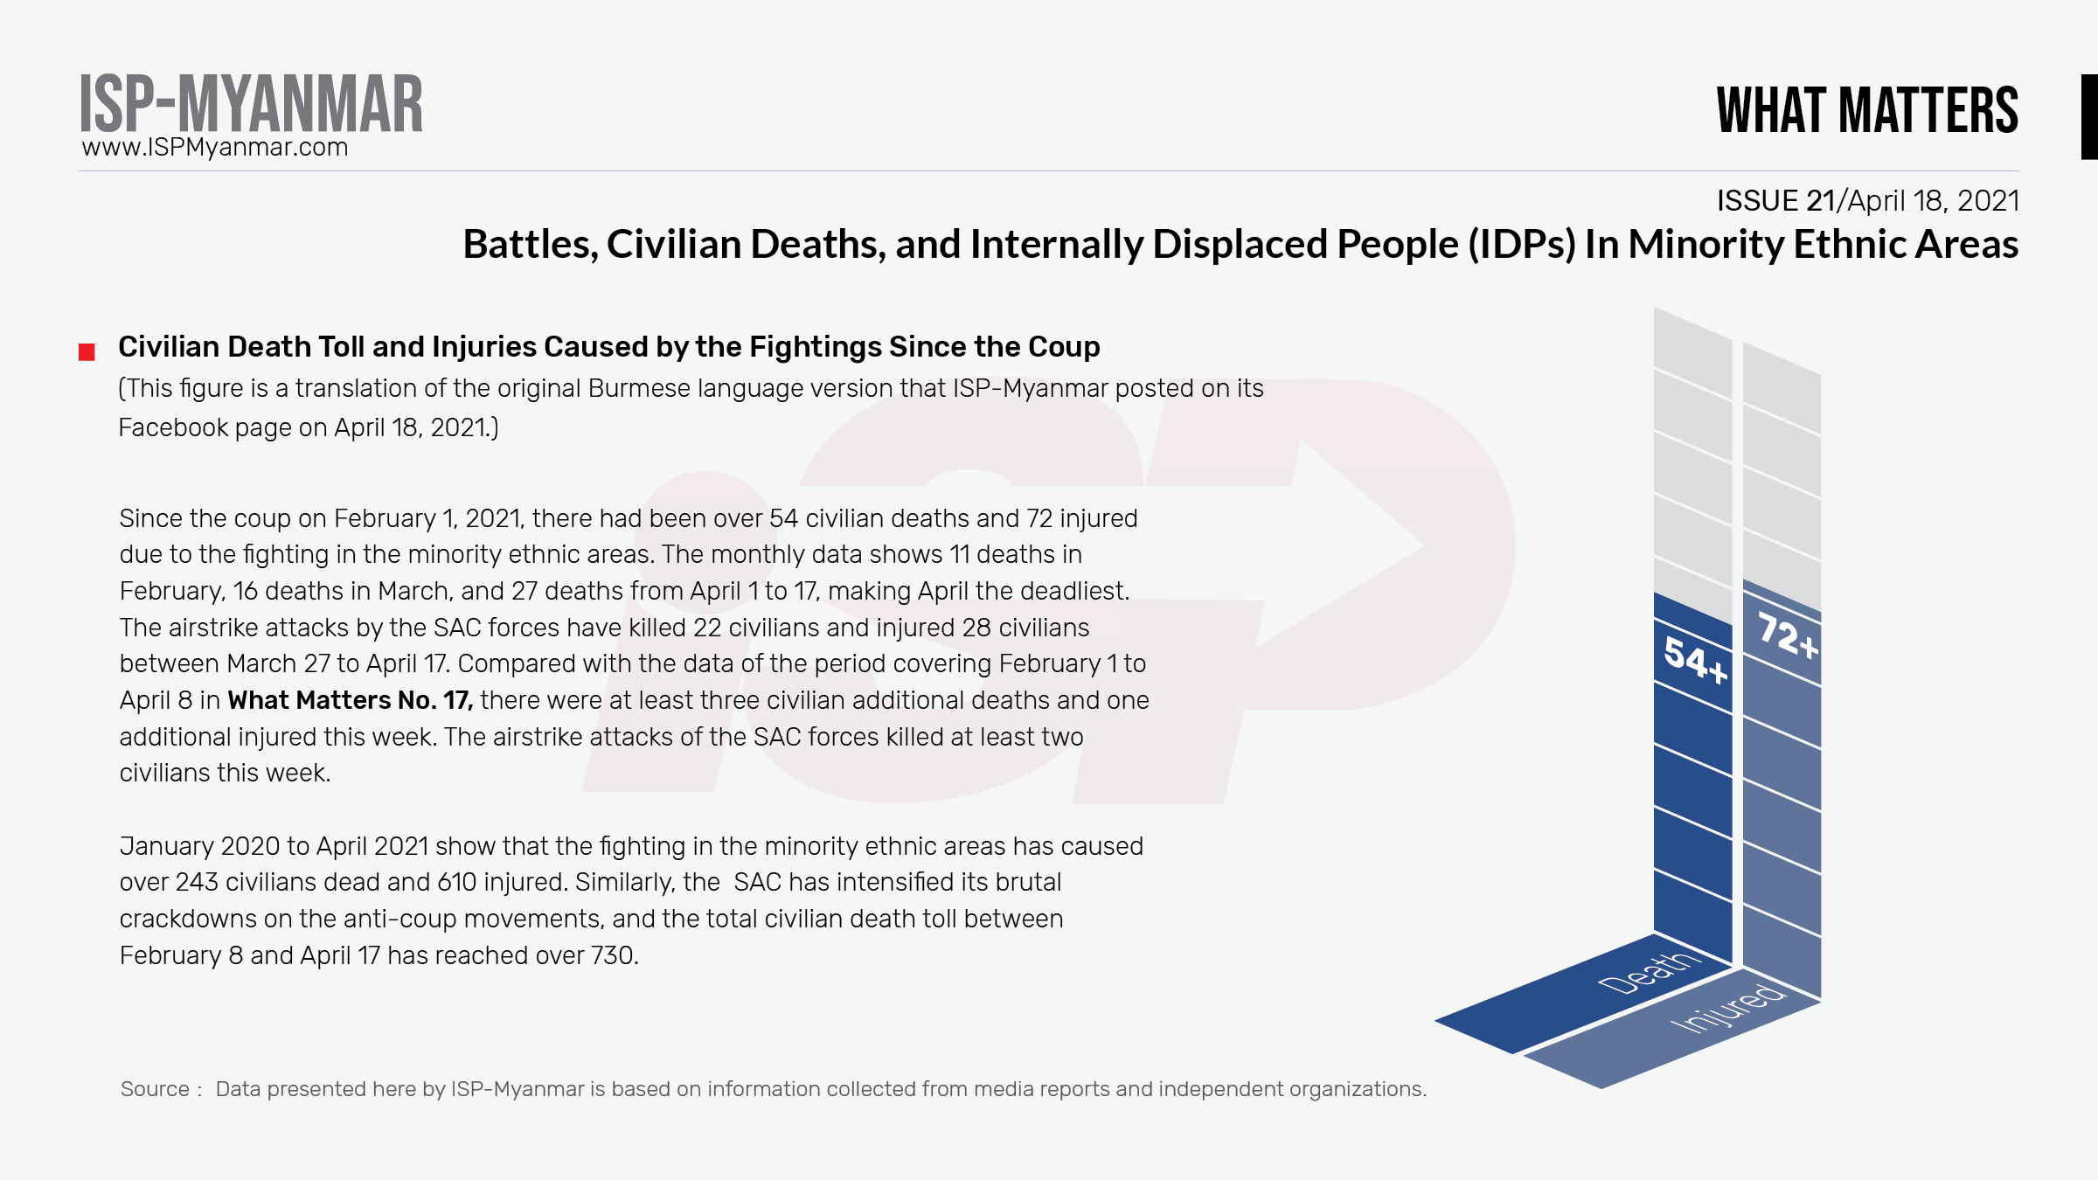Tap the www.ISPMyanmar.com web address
215,147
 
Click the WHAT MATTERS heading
1867,110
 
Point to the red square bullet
87,352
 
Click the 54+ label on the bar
1695,660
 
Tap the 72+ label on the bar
1788,635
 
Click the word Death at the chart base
1650,971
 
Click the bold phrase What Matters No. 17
350,700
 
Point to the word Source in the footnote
155,1089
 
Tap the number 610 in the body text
457,882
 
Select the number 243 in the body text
197,882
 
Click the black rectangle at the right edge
2089,117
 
